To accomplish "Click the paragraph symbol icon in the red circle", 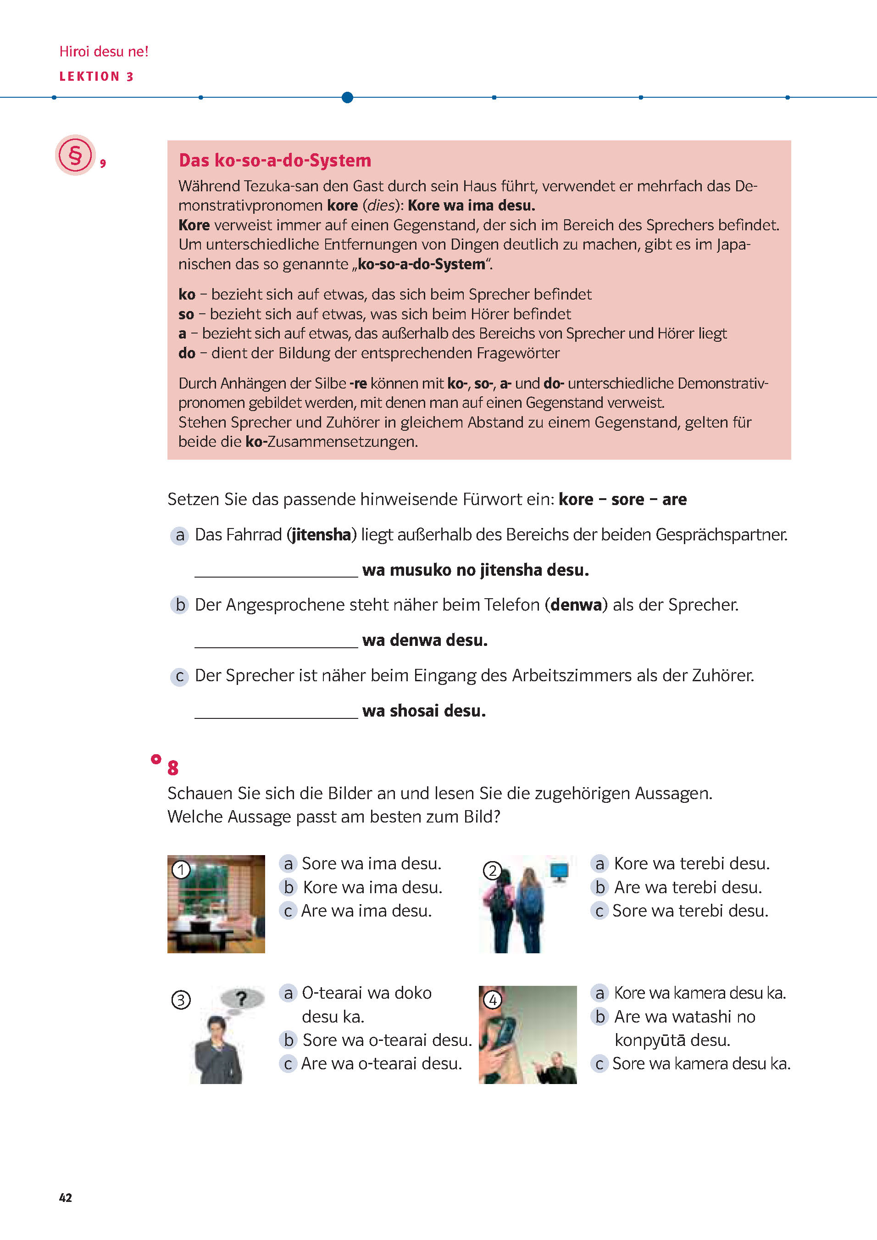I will coord(75,155).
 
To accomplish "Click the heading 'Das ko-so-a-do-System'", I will coord(275,161).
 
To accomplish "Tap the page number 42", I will coord(65,1197).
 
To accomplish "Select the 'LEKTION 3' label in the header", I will coord(96,77).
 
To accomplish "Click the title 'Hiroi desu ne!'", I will coord(104,51).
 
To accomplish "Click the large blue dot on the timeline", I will coord(347,97).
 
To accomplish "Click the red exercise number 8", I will coord(173,767).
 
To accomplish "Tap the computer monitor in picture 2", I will coord(559,871).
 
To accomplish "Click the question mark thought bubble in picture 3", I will coord(242,999).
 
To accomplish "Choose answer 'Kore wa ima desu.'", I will coord(372,887).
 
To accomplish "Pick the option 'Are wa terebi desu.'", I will coord(688,887).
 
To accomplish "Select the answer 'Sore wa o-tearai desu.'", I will coord(387,1040).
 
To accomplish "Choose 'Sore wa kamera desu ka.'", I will coord(701,1063).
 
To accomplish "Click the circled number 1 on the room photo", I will coord(181,869).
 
